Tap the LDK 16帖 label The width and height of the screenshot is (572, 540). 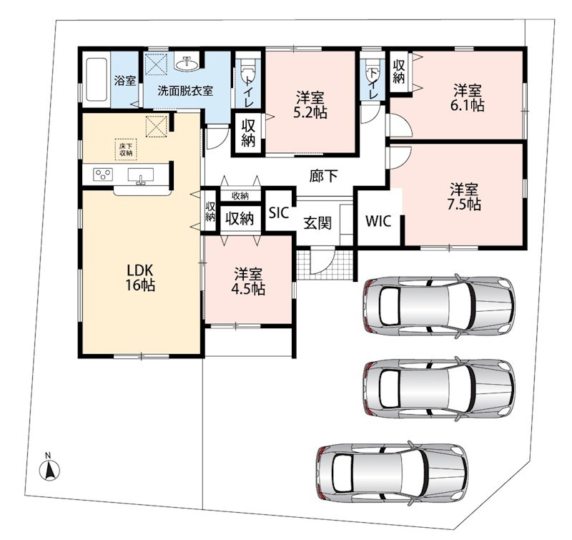tap(140, 278)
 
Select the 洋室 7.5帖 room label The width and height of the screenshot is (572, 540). tap(463, 197)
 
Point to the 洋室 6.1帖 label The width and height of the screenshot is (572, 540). tap(468, 98)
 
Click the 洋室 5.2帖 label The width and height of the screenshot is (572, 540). tap(310, 105)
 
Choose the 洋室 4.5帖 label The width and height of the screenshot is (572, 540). tap(248, 281)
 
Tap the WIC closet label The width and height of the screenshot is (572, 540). tap(378, 221)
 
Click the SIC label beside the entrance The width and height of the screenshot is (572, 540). tap(279, 212)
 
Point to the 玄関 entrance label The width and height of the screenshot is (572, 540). tap(317, 222)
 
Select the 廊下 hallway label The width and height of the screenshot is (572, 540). tap(324, 176)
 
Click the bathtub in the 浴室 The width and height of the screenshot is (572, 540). tap(97, 79)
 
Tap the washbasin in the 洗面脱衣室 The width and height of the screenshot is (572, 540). tap(187, 64)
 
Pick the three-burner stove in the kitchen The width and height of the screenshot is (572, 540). tap(103, 175)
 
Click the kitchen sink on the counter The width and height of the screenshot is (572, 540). tap(140, 175)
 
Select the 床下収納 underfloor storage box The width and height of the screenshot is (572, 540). tap(126, 149)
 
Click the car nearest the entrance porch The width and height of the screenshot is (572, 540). tap(439, 305)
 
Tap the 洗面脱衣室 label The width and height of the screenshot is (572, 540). tap(185, 91)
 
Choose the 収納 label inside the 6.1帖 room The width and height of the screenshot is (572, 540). tap(399, 72)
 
